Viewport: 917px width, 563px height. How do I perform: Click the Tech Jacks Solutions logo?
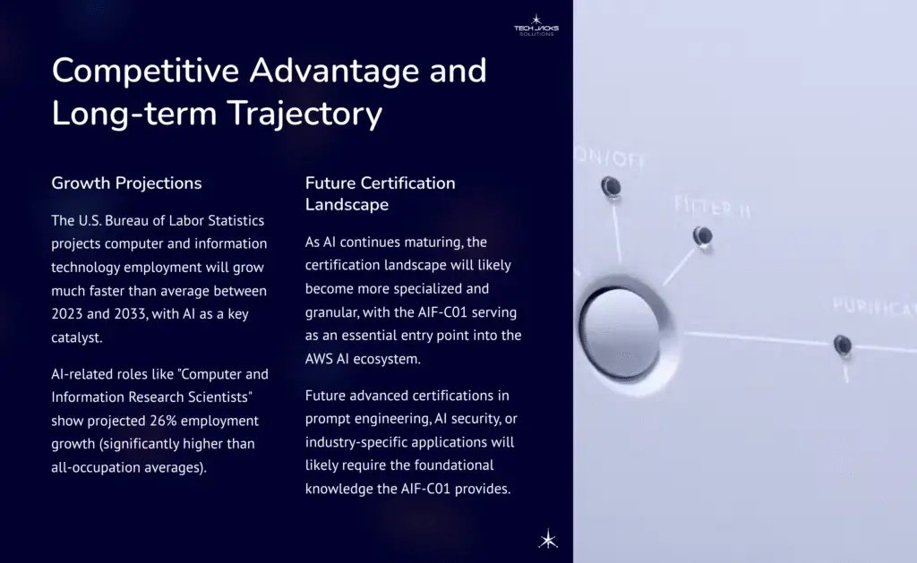(536, 24)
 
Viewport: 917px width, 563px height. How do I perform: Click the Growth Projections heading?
(126, 183)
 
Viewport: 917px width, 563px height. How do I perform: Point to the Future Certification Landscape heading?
(381, 193)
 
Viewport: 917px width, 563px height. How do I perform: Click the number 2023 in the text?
(72, 312)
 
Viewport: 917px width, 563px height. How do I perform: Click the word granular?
(336, 312)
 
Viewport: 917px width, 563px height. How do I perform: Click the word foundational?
(451, 465)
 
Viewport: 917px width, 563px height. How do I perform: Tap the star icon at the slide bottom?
(547, 538)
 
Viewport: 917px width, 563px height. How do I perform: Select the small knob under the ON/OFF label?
(612, 186)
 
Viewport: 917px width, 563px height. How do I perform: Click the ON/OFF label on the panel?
(614, 158)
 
